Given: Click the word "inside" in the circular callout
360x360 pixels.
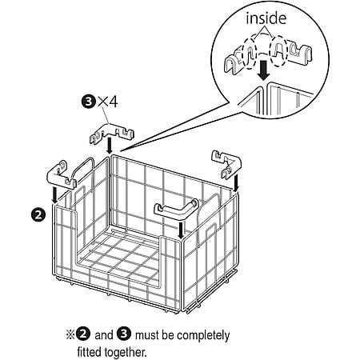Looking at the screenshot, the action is (266, 18).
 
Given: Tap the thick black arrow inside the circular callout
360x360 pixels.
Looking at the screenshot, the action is (264, 70).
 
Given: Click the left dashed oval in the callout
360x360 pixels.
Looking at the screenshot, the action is (250, 54).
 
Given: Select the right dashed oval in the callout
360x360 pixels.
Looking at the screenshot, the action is (278, 50).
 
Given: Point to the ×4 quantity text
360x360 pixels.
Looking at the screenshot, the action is (107, 102).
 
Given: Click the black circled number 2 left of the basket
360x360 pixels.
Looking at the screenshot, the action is (38, 214).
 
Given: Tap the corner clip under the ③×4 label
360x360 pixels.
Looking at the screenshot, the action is (111, 132).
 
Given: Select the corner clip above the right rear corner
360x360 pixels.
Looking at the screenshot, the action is (226, 162).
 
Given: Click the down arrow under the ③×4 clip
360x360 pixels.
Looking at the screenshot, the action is (109, 146).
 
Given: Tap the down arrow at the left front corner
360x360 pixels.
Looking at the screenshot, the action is (54, 195).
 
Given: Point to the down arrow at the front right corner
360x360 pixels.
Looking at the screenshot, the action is (181, 230).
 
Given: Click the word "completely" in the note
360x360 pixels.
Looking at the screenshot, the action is (203, 336).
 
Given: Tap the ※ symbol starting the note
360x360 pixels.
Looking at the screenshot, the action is (70, 335).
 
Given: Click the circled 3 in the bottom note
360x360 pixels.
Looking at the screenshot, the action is (124, 334).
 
